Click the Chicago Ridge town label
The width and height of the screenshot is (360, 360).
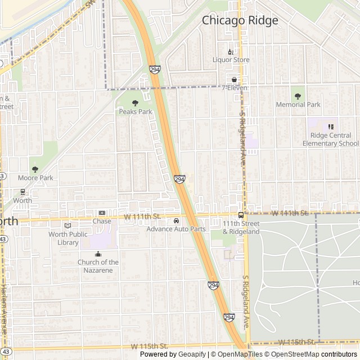point(240,20)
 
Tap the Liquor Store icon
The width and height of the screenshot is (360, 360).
point(231,52)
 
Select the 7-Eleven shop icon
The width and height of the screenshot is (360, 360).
point(235,80)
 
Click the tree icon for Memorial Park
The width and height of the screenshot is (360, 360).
point(298,96)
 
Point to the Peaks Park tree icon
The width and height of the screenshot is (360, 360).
point(135,103)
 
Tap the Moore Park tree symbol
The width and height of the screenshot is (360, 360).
point(35,169)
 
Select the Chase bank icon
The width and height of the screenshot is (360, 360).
point(102,213)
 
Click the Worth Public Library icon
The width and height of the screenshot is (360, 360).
point(68,226)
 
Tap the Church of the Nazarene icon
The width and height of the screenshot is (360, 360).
point(98,254)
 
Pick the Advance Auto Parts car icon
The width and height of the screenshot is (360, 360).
point(177,220)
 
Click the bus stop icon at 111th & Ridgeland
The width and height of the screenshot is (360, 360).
point(241,215)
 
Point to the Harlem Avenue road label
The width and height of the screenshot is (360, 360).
point(3,315)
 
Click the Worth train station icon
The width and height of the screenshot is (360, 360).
point(22,192)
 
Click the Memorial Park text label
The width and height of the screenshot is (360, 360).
point(298,105)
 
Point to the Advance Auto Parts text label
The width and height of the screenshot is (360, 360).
point(177,229)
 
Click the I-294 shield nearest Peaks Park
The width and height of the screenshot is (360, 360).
point(154,69)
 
